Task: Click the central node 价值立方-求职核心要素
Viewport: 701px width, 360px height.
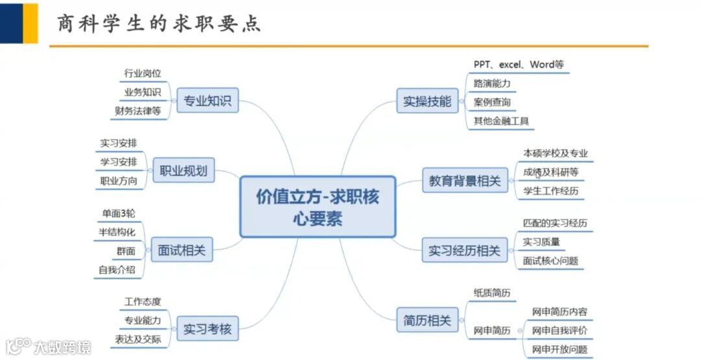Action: point(317,206)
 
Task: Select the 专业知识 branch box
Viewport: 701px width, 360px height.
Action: point(208,101)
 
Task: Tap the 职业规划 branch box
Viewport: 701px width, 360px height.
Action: point(183,171)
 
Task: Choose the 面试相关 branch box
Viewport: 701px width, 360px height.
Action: point(182,250)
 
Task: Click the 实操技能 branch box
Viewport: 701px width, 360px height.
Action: point(427,101)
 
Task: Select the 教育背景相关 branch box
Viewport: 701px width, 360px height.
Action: point(465,180)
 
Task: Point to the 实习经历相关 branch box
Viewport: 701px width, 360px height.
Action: point(464,250)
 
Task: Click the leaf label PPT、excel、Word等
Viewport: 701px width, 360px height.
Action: point(518,65)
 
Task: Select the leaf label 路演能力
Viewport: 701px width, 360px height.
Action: point(492,84)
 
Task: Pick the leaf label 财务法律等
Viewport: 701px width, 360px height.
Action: point(138,110)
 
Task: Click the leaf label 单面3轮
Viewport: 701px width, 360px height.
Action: point(119,213)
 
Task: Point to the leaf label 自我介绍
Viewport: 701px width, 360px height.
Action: point(117,269)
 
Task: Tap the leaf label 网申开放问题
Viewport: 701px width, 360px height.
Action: point(560,350)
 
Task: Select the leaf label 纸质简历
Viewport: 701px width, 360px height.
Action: point(492,293)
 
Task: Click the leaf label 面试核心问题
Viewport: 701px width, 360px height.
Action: point(550,261)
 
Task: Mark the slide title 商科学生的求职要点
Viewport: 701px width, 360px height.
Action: point(160,23)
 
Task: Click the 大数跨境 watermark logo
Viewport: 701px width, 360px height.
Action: point(49,347)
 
